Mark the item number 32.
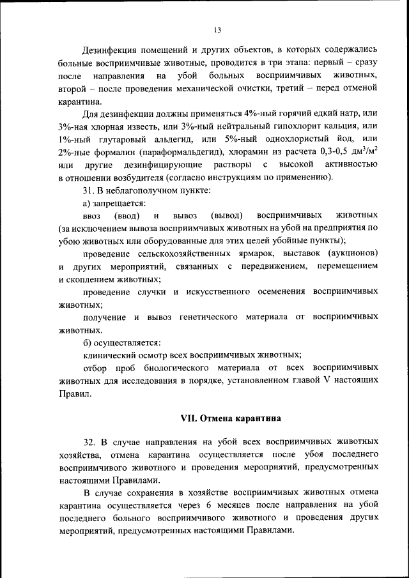89,442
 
